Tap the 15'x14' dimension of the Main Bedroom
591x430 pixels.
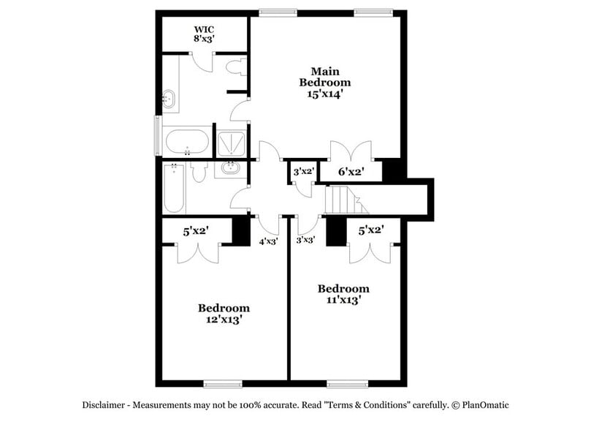[x=325, y=94]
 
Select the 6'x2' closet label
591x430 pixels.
[x=351, y=173]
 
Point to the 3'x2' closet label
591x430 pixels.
[x=303, y=172]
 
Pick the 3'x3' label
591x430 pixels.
[x=305, y=239]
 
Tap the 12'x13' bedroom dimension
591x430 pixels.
[x=224, y=319]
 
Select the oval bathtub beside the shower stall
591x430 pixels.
[x=187, y=140]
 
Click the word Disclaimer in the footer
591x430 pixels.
[x=107, y=404]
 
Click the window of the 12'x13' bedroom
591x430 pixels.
[x=224, y=383]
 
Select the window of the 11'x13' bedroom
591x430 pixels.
[x=346, y=383]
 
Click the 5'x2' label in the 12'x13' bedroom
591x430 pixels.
[x=197, y=231]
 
